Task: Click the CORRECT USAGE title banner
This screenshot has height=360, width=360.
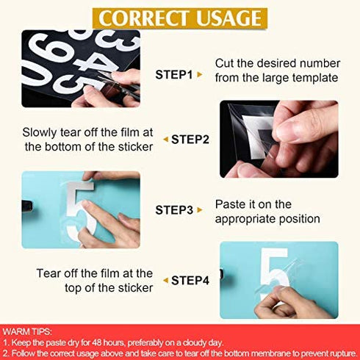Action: [x=180, y=17]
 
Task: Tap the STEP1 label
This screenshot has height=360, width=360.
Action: [x=173, y=75]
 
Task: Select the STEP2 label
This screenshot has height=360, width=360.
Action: [x=190, y=138]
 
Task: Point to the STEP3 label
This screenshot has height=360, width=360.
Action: [x=173, y=210]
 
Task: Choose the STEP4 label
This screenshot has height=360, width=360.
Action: [x=190, y=280]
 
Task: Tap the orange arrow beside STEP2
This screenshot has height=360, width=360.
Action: [x=165, y=139]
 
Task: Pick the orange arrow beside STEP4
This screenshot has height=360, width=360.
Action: [x=165, y=280]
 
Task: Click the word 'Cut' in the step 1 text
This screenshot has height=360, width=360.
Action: [x=225, y=62]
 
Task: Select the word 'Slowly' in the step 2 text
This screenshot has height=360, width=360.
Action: [x=39, y=133]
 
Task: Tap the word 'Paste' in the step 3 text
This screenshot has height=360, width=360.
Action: [x=230, y=204]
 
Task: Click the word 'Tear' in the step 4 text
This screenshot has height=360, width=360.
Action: [x=49, y=273]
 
